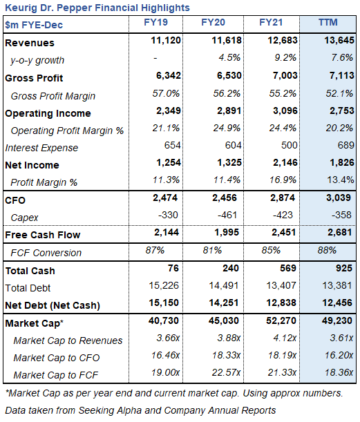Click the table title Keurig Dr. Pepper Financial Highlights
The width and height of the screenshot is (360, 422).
coord(97,8)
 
